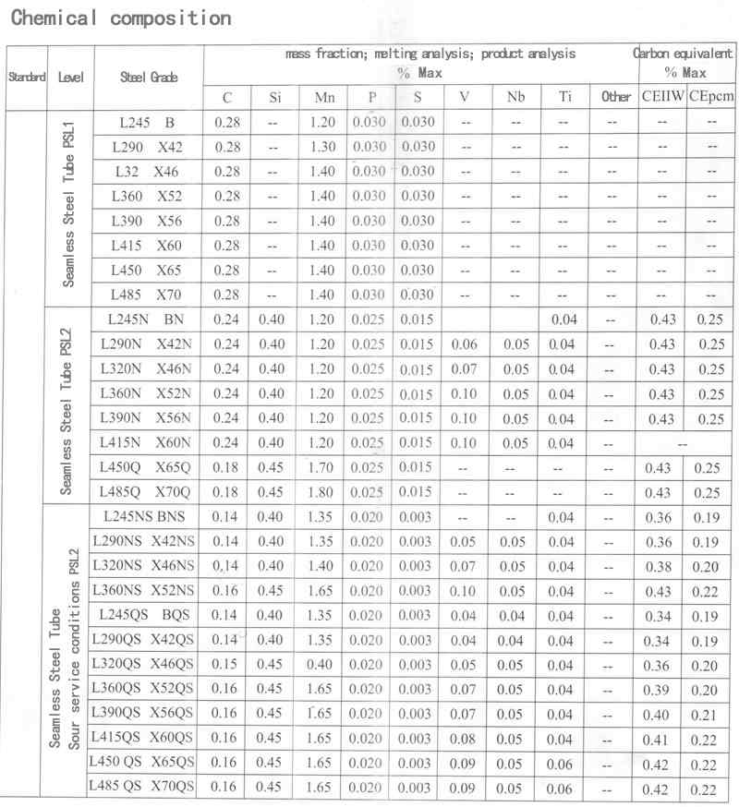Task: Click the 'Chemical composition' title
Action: (120, 18)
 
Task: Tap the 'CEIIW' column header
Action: (662, 97)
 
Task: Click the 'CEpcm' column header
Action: (710, 97)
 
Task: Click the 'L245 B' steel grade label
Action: (148, 122)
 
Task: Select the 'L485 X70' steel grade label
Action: (148, 295)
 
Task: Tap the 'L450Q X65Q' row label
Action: (148, 467)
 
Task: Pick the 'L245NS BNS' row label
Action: (148, 517)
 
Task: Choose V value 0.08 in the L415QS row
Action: (465, 739)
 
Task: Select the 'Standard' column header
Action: (27, 78)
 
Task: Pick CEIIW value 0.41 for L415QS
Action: (662, 740)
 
